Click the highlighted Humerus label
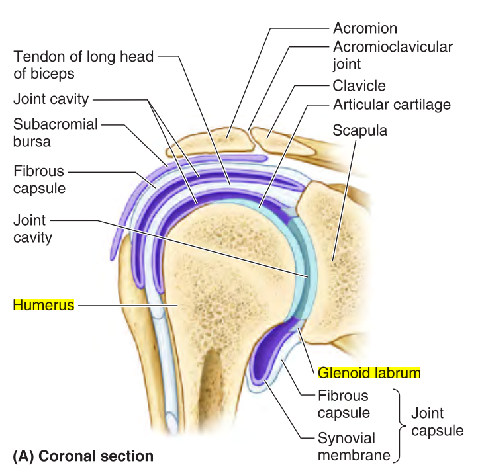coord(43,305)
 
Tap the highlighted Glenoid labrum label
coord(369,373)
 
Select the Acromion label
coord(365,28)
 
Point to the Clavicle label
coord(359,86)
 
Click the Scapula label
coord(359,131)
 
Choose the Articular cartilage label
coord(391,105)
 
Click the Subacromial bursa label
coord(55,132)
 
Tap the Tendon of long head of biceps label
coord(83,65)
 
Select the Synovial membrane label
coord(346,446)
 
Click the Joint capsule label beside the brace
coord(437,422)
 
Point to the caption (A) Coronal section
coord(83,456)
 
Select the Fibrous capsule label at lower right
coord(343,403)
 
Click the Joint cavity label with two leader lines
coord(50,99)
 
